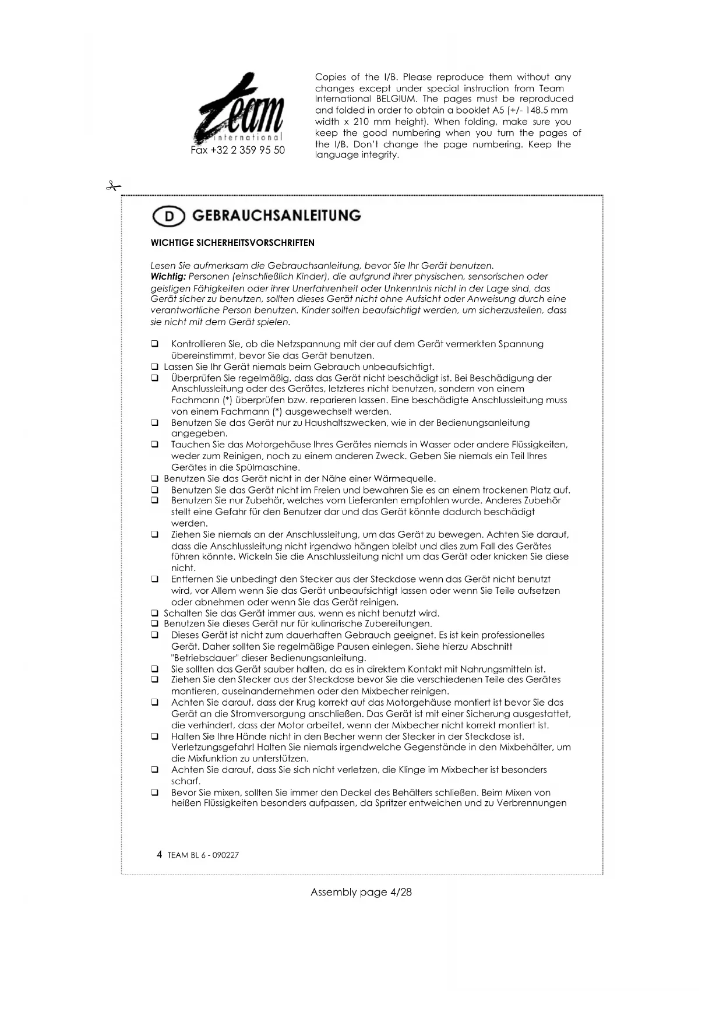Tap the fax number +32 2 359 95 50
[x=238, y=150]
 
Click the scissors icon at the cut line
[x=112, y=186]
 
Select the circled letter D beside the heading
[x=168, y=216]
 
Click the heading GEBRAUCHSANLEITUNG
[x=276, y=216]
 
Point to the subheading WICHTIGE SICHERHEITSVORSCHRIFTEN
[x=232, y=243]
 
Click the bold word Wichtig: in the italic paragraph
[x=168, y=277]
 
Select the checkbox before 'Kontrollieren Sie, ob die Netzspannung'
[x=155, y=344]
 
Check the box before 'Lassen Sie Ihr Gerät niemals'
[x=155, y=367]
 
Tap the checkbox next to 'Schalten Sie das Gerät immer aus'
[x=155, y=614]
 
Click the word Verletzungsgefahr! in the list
[x=212, y=748]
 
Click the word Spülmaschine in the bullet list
[x=271, y=468]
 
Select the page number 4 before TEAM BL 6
[x=160, y=855]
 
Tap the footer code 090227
[x=226, y=855]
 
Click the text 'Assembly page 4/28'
[x=361, y=892]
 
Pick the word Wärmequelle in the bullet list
[x=405, y=479]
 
